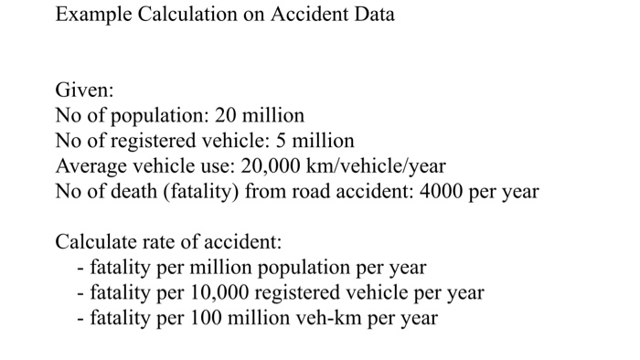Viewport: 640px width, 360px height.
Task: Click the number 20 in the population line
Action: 227,117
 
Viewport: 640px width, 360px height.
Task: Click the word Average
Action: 92,167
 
